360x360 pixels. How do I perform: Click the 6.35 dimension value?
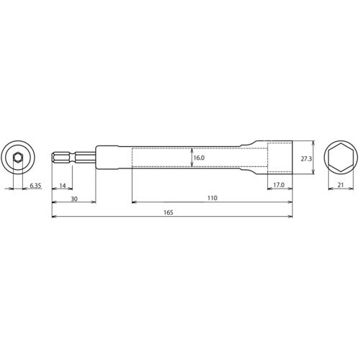coord(35,185)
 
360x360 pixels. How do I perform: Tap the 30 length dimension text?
coord(74,199)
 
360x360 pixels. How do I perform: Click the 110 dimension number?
coord(211,199)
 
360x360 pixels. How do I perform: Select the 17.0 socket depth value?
coord(279,185)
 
